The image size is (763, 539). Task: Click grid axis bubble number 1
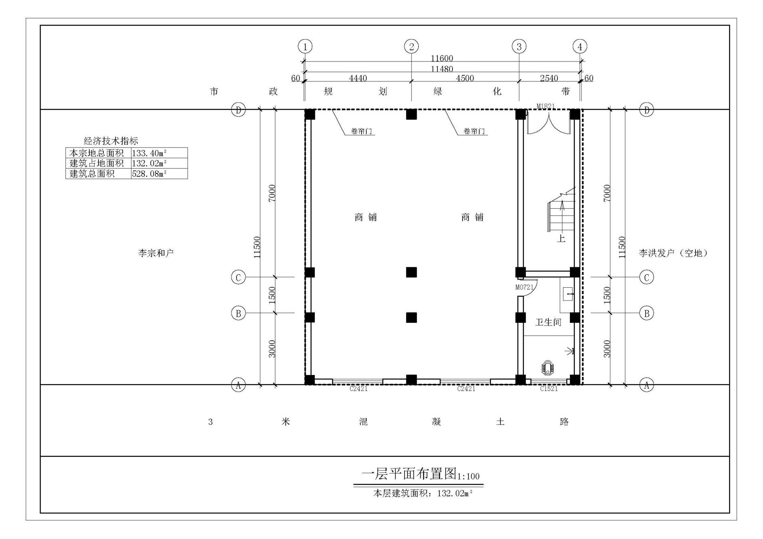coord(305,47)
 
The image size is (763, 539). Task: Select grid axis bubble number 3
coord(519,47)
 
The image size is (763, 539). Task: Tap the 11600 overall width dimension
coord(442,58)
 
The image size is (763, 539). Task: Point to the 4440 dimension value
coord(358,78)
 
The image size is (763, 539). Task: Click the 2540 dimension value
coord(549,78)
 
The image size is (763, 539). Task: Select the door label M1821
coord(546,106)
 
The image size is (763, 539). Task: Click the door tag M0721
coord(524,287)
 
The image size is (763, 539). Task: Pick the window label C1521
coord(549,389)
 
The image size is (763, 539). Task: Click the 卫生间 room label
coord(548,322)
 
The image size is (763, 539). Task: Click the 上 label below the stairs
coord(561,239)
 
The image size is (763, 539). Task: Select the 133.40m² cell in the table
coord(149,153)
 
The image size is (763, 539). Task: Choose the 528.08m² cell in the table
coord(149,174)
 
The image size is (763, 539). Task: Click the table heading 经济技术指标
coord(111,141)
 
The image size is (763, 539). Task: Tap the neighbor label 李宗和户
coord(156,253)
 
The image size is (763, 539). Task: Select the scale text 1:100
coord(468,476)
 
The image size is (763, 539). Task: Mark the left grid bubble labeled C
coord(238,277)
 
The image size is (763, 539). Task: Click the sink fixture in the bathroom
coord(568,294)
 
